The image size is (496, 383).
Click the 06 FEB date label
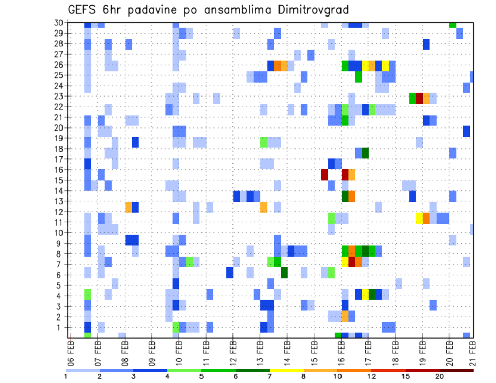pos(71,349)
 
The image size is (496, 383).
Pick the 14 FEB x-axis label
pos(287,349)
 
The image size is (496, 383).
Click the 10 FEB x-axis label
pos(179,349)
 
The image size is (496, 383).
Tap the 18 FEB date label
pos(395,349)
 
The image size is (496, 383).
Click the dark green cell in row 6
pos(284,272)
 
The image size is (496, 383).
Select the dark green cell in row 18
pos(365,153)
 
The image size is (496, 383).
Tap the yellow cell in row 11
pos(420,218)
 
